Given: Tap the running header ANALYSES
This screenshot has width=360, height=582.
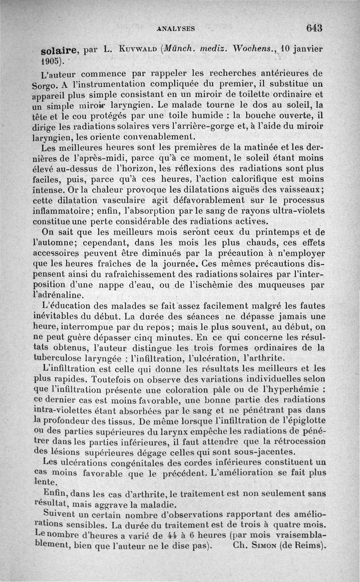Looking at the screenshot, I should point(176,28).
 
